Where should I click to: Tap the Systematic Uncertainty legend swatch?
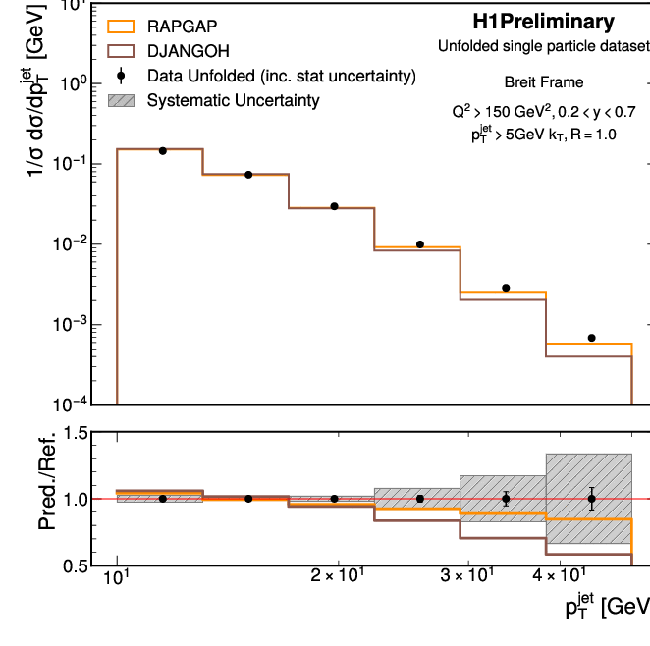coord(118,99)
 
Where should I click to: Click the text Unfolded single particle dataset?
coord(543,46)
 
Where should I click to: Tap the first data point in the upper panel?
coord(162,150)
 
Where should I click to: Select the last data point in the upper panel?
coord(591,338)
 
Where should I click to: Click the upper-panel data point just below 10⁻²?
coord(420,244)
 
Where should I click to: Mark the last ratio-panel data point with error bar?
coord(591,499)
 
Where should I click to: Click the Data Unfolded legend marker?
coord(118,76)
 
